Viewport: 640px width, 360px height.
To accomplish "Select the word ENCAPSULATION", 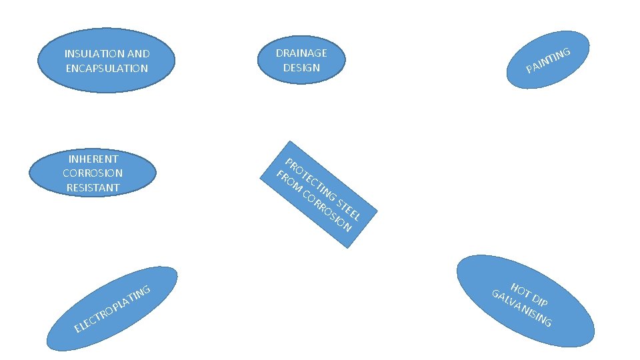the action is [107, 68].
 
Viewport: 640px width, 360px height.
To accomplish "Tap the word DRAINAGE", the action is [301, 53].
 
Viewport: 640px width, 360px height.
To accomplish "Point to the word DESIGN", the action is [301, 67].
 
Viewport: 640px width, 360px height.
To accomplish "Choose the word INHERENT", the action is [93, 159].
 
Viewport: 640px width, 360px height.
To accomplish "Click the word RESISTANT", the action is [93, 188].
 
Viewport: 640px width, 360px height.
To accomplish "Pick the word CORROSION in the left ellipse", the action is [93, 173].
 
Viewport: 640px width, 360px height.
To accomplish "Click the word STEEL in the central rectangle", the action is [349, 209].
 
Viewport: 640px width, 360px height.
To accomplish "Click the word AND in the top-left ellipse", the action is [138, 54].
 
